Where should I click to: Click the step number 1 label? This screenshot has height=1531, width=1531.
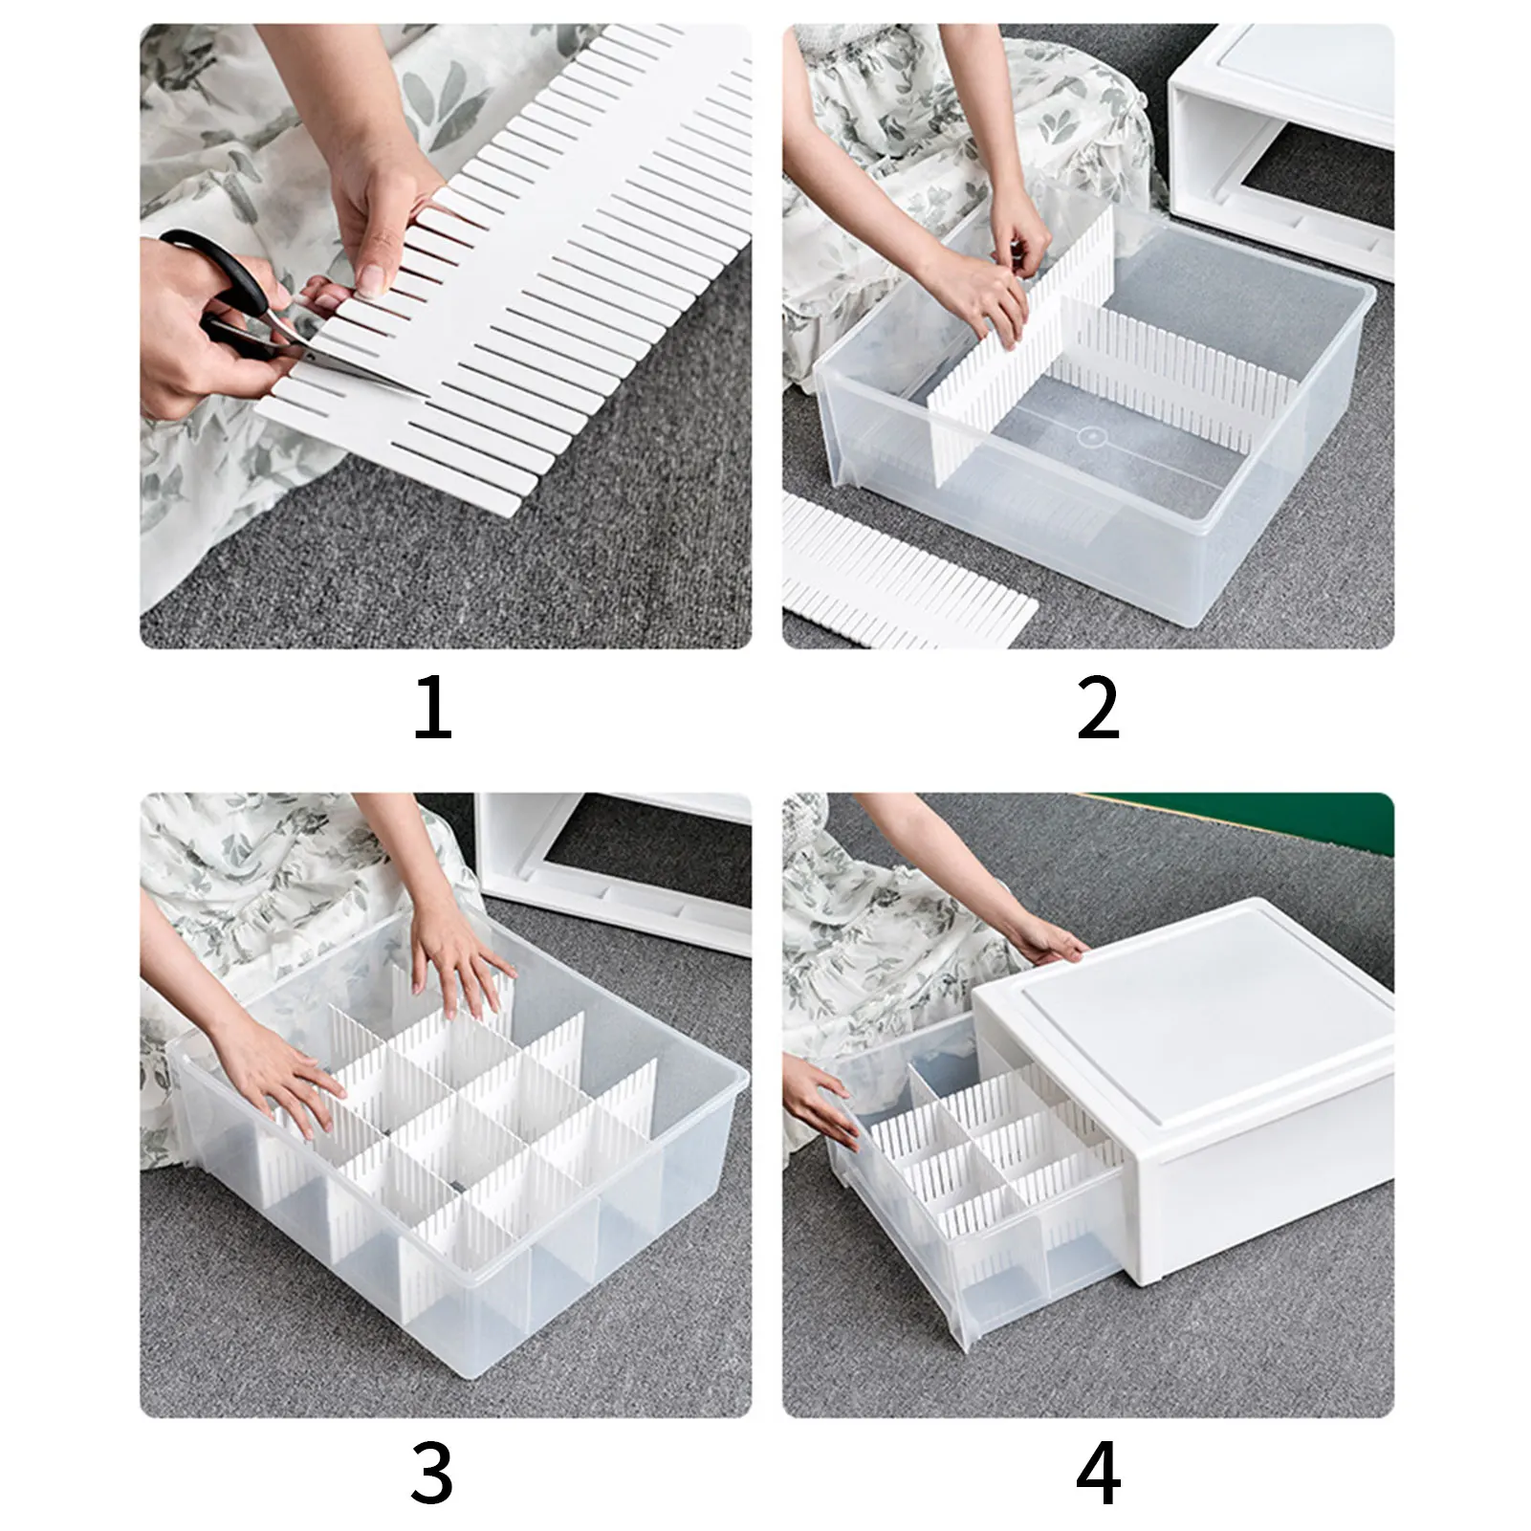[x=432, y=709]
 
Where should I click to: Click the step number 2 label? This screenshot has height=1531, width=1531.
[x=1098, y=709]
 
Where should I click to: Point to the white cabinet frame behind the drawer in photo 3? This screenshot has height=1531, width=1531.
[x=612, y=870]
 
